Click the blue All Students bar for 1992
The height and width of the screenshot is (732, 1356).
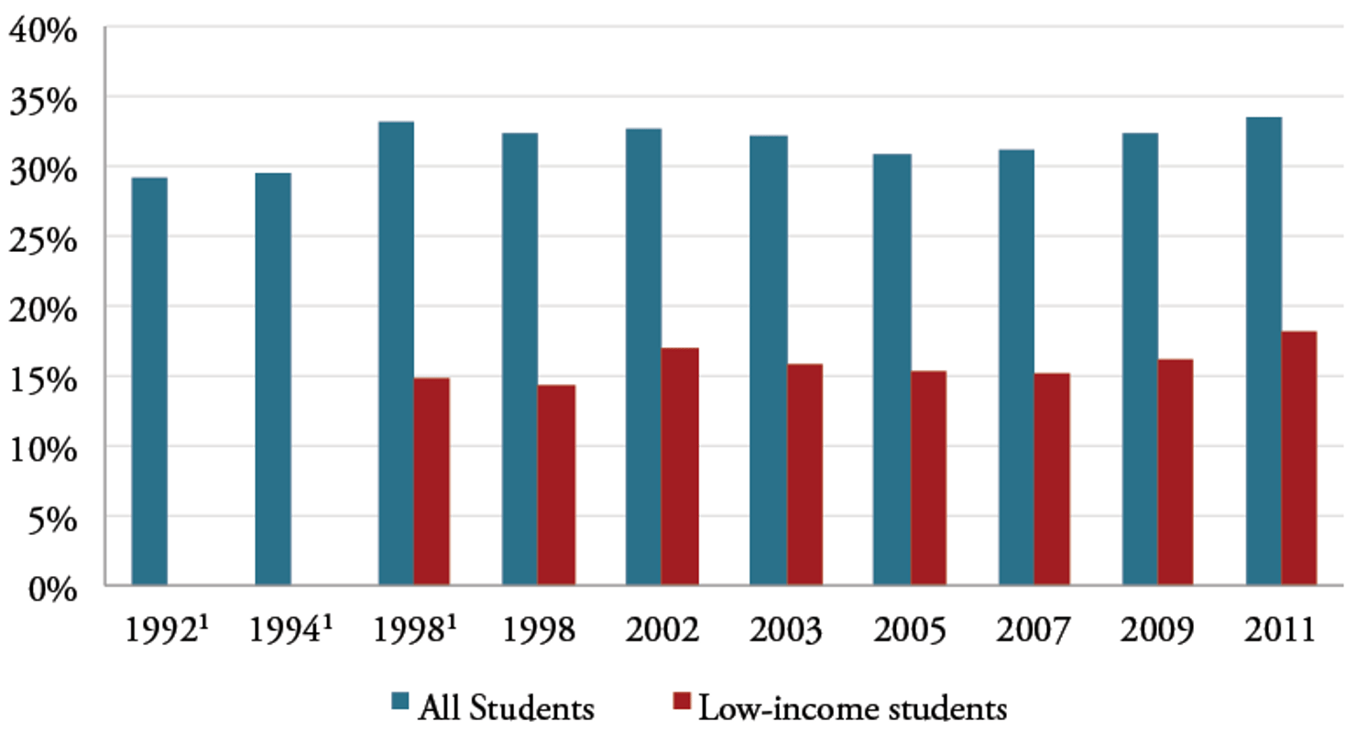click(149, 381)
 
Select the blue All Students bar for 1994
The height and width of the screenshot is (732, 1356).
click(273, 379)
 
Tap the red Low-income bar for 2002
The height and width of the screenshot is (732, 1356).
click(680, 466)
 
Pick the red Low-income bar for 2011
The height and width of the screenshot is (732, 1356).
click(1298, 458)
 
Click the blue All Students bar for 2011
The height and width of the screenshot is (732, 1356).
click(1263, 351)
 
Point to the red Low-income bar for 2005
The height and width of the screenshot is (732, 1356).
click(928, 477)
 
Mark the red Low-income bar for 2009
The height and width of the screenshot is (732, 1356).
click(1176, 472)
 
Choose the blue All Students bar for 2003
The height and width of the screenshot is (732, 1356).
click(768, 360)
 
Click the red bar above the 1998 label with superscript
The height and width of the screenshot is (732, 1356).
click(432, 481)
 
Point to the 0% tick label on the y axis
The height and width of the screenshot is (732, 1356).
click(50, 587)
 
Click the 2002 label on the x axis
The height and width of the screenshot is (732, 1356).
click(662, 631)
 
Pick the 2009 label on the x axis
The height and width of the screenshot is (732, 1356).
click(1157, 631)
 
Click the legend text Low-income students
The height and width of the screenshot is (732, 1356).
click(852, 707)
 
